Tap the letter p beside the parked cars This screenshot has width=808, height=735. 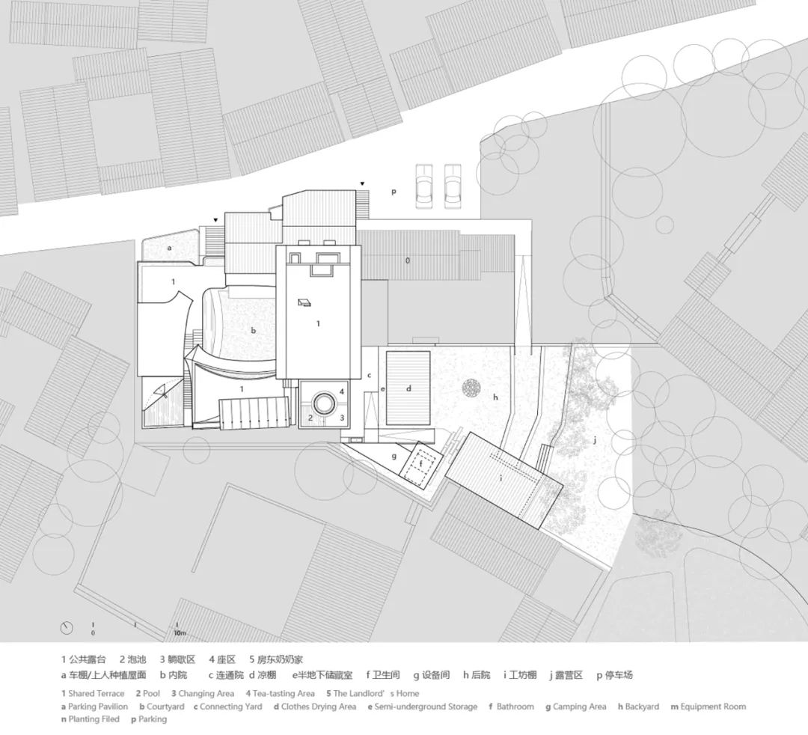tap(394, 192)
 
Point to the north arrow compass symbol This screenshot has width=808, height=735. tap(68, 626)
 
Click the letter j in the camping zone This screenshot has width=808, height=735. tap(596, 439)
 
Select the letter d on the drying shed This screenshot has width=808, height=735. tap(408, 388)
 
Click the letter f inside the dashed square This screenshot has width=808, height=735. tap(420, 464)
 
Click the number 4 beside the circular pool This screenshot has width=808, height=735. tap(341, 391)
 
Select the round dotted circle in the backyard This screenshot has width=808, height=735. tap(472, 388)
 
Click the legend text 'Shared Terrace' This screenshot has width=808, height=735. tap(96, 694)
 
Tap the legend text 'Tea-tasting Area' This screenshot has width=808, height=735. tap(287, 694)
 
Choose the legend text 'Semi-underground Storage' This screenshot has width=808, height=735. tap(430, 707)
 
